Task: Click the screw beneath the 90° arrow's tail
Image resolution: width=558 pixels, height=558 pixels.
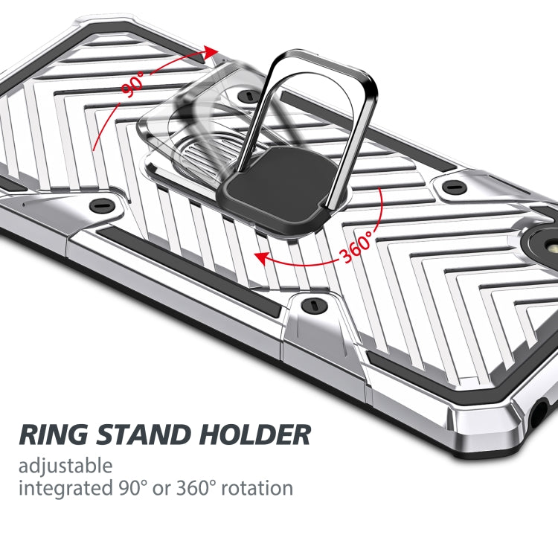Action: tap(97, 205)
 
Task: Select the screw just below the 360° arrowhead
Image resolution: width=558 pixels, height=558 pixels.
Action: tap(310, 303)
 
